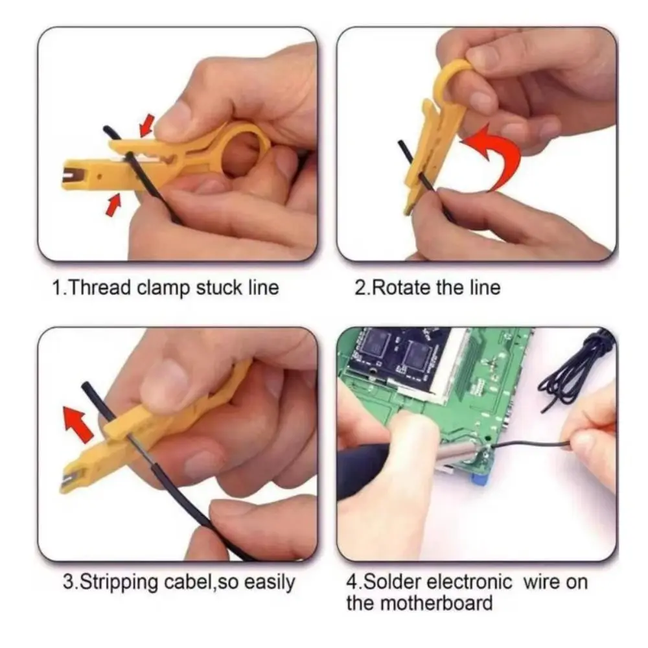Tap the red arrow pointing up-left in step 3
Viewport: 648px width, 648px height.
coord(77,424)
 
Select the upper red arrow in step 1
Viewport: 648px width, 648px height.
coord(147,122)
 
